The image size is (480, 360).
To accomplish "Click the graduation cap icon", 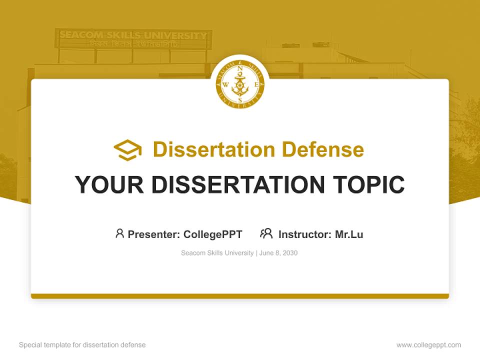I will [x=127, y=149].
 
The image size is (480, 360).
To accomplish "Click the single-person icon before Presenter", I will [x=119, y=233].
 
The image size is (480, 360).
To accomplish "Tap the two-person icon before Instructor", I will [x=266, y=233].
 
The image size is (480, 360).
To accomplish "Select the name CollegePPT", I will [x=213, y=234].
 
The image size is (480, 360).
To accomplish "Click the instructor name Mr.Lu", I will [x=349, y=234].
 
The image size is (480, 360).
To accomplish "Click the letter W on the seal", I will [x=225, y=84].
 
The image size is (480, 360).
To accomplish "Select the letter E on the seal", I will [x=256, y=84].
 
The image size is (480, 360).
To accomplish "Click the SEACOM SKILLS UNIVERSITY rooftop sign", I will [x=133, y=36].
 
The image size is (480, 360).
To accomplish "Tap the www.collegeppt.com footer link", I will [x=428, y=345].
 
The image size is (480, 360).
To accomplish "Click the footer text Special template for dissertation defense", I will [x=82, y=345].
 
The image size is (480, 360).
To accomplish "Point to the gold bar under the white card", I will [x=240, y=296].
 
